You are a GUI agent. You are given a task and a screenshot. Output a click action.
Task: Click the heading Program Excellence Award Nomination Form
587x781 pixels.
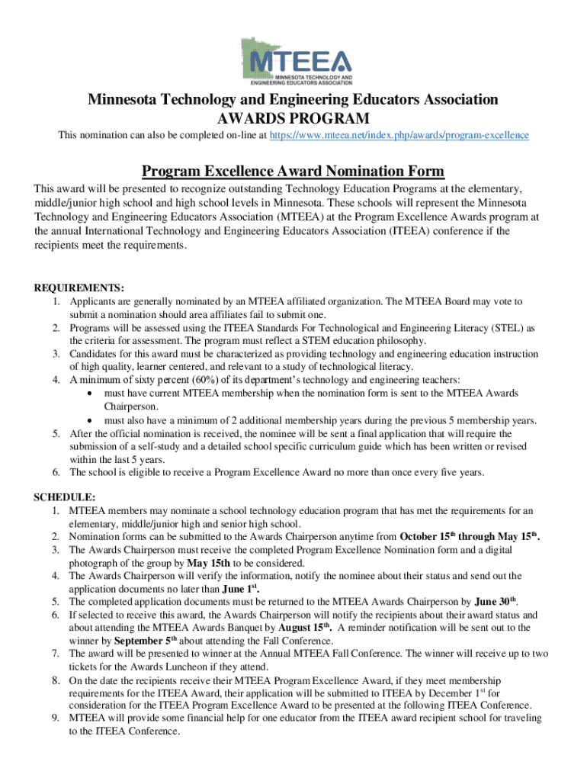[x=293, y=171]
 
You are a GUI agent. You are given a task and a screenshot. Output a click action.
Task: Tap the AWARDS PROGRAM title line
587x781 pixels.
[x=293, y=118]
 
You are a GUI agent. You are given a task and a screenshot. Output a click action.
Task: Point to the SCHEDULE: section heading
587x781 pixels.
[x=64, y=497]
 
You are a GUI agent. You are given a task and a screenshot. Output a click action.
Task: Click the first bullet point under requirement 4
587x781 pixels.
[x=91, y=394]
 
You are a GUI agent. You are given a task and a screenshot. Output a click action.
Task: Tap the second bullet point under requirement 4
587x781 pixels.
[x=91, y=420]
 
